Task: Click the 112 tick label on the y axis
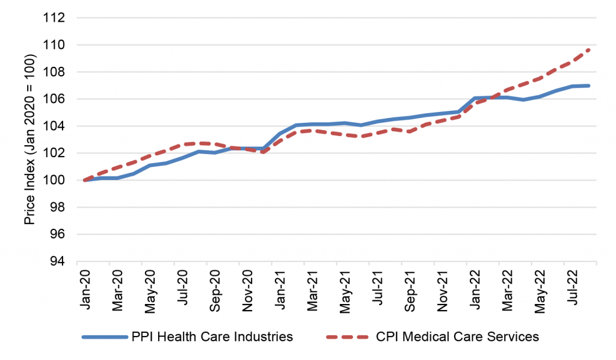pyautogui.click(x=55, y=18)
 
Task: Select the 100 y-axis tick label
pyautogui.click(x=55, y=180)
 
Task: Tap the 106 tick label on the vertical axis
pyautogui.click(x=55, y=99)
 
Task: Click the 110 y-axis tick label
pyautogui.click(x=55, y=45)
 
